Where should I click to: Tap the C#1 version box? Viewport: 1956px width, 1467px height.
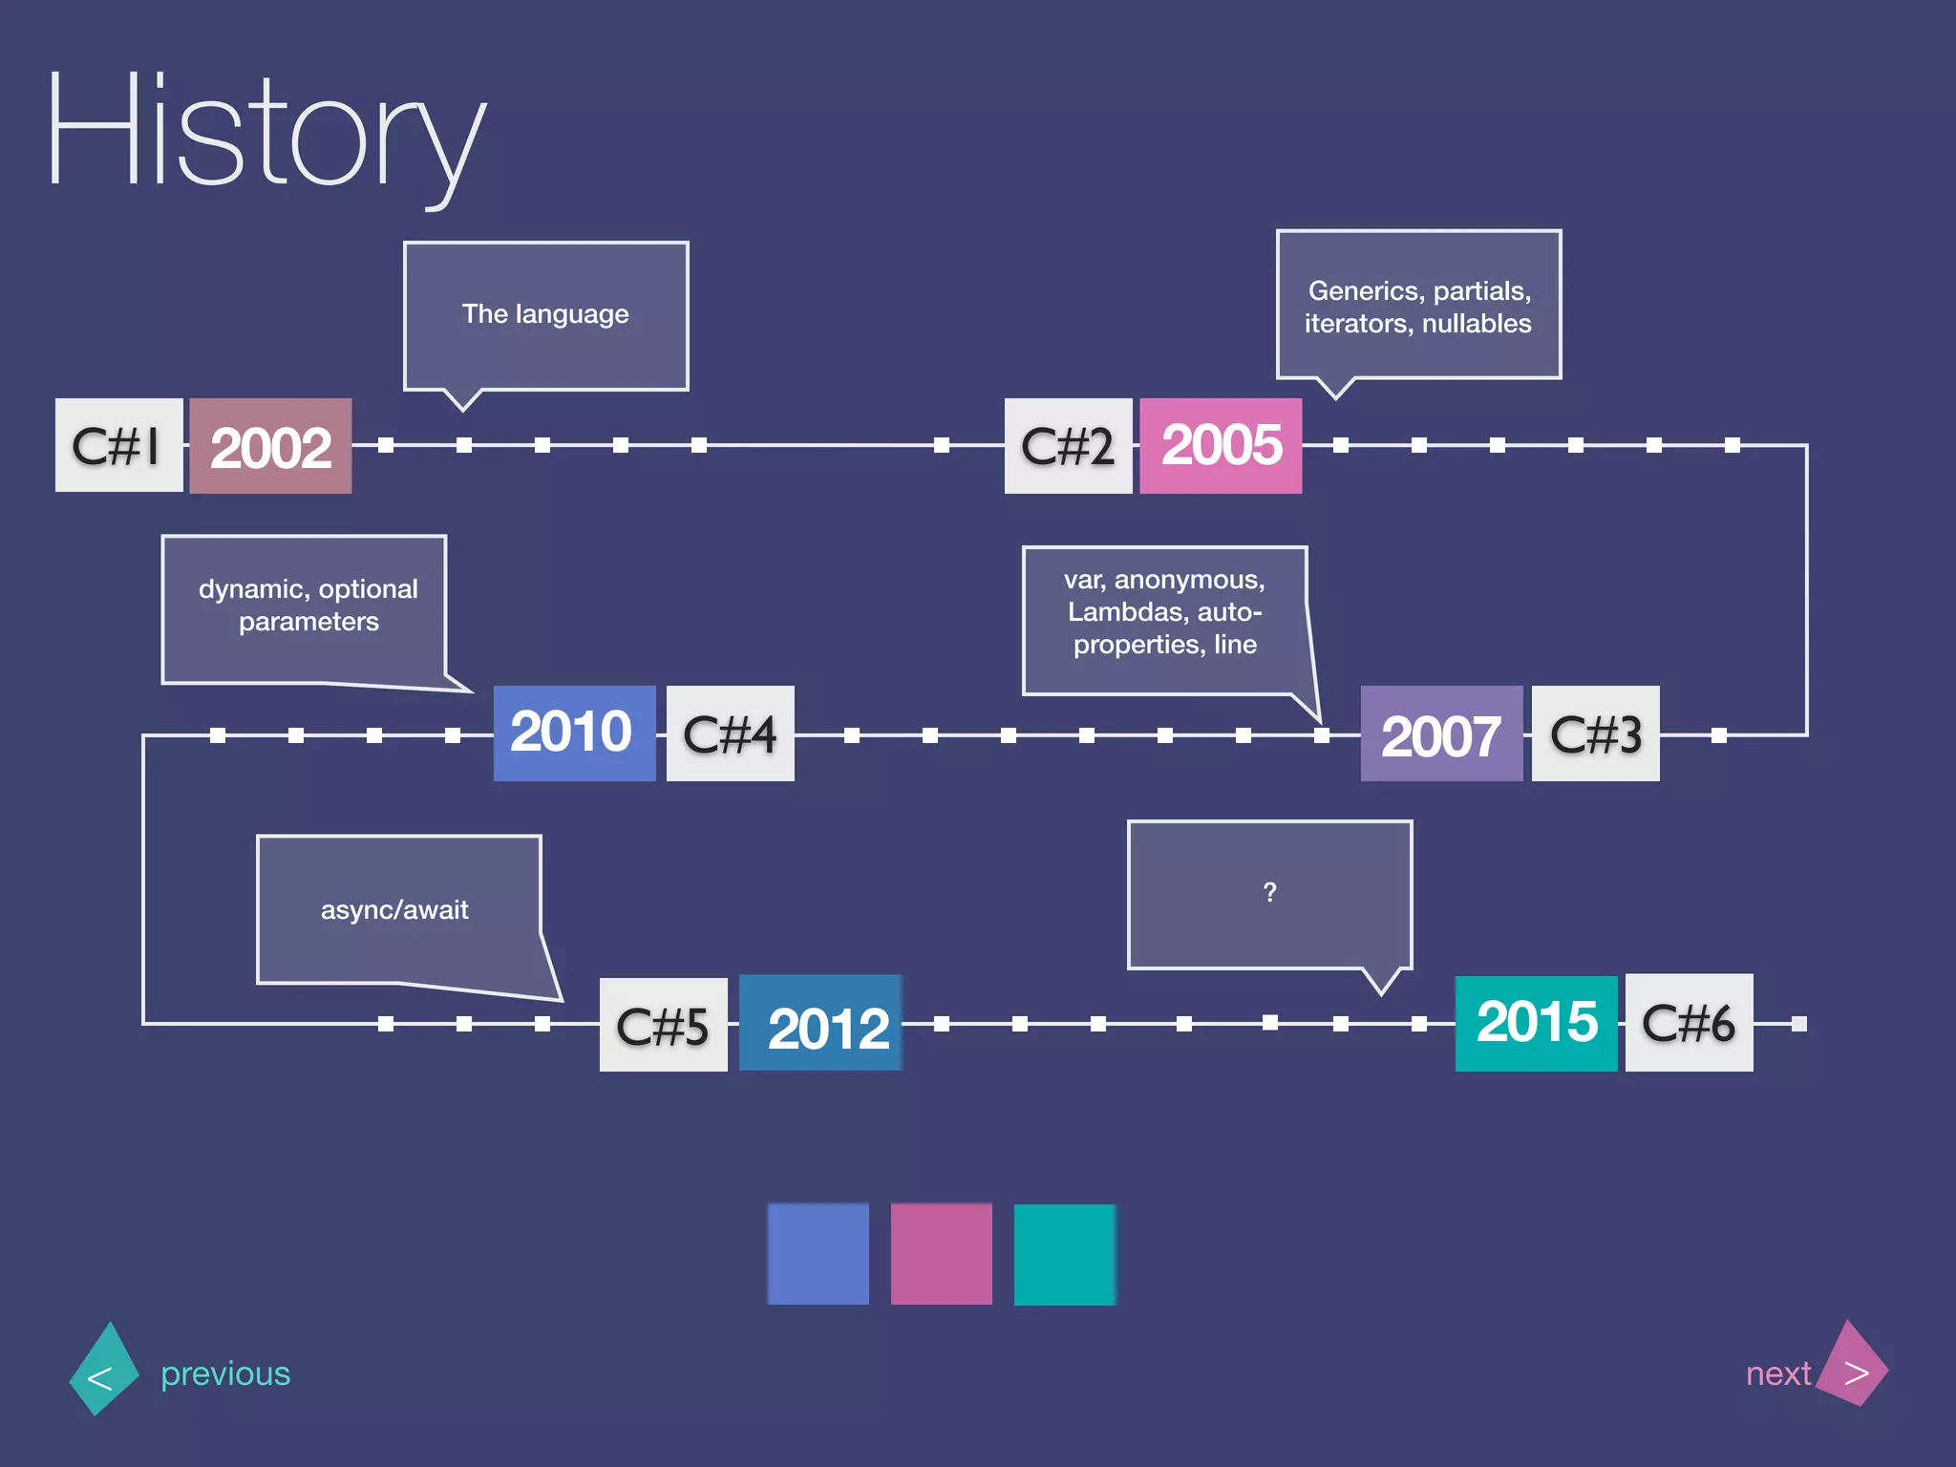pyautogui.click(x=118, y=445)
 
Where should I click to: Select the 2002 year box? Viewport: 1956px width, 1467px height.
pyautogui.click(x=270, y=446)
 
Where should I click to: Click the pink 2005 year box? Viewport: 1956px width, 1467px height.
pyautogui.click(x=1221, y=445)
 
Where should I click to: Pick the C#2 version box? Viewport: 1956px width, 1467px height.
pyautogui.click(x=1068, y=445)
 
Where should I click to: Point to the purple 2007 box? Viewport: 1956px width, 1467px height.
pyautogui.click(x=1440, y=733)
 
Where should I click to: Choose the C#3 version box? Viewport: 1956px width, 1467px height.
pyautogui.click(x=1595, y=733)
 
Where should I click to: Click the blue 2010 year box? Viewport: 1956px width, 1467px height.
pyautogui.click(x=573, y=733)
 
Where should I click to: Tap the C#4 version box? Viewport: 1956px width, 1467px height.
pyautogui.click(x=730, y=733)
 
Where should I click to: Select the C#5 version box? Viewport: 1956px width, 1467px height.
pyautogui.click(x=663, y=1024)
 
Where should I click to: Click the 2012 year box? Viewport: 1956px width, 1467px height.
pyautogui.click(x=821, y=1024)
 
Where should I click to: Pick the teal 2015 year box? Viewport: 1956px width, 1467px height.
pyautogui.click(x=1536, y=1023)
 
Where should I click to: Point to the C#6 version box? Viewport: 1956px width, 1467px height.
pyautogui.click(x=1689, y=1023)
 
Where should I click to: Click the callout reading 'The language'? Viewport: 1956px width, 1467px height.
pyautogui.click(x=545, y=314)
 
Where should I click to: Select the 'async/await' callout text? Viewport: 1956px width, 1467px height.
pyautogui.click(x=394, y=909)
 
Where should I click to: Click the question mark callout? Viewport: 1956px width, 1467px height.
pyautogui.click(x=1269, y=893)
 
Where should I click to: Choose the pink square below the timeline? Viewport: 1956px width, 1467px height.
pyautogui.click(x=941, y=1254)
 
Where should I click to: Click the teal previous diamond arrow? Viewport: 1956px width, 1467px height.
pyautogui.click(x=103, y=1370)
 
